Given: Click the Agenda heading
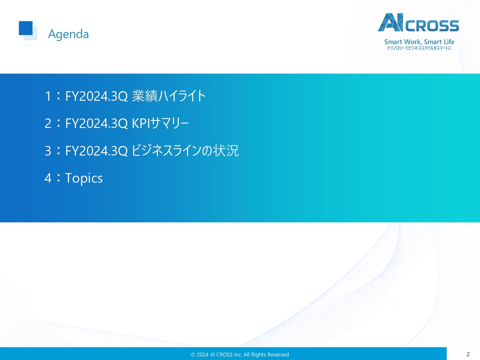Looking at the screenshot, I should (x=68, y=34).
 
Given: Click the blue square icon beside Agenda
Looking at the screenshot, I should (x=26, y=29).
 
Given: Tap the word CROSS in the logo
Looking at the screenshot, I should (x=432, y=26).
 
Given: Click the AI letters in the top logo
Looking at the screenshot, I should (x=390, y=22).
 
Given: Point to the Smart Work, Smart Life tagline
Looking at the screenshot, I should (x=419, y=42).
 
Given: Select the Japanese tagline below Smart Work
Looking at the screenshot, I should (x=419, y=48).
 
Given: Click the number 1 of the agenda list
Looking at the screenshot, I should (x=48, y=96).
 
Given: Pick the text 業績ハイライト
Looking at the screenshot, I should (x=169, y=96).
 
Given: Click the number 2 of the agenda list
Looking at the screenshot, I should (x=48, y=123).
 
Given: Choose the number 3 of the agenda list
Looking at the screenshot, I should (x=48, y=151).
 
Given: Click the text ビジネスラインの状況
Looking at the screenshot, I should (x=185, y=151).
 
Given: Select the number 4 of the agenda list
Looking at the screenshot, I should (x=48, y=178).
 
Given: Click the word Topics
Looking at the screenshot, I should (x=84, y=178).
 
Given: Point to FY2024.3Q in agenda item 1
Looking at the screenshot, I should (x=96, y=96).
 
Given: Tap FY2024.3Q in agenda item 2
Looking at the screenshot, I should (x=96, y=123).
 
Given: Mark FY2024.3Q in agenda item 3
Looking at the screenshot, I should (x=96, y=151).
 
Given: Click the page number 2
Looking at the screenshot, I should (x=468, y=354).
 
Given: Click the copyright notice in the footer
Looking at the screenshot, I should (x=240, y=354).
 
